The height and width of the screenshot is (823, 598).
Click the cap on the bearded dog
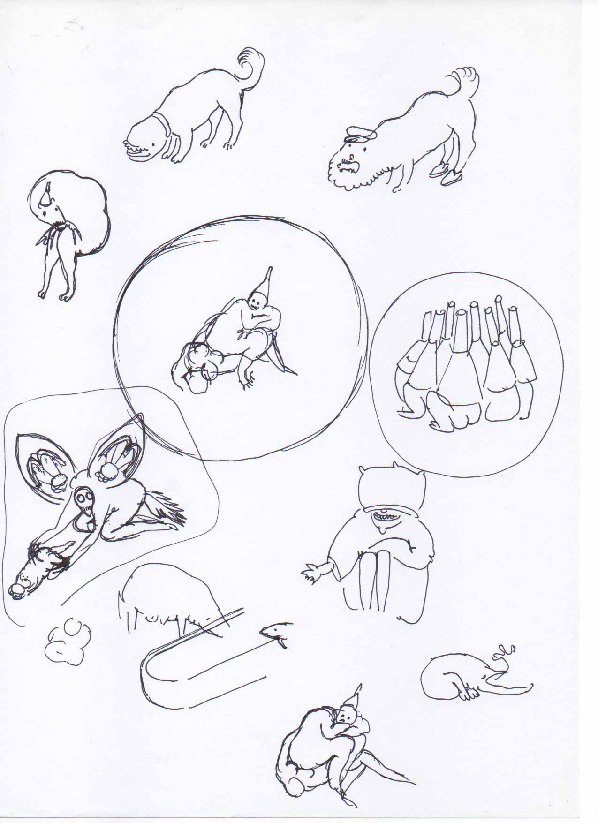[x=360, y=135]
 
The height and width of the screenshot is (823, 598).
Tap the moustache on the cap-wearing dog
[x=347, y=166]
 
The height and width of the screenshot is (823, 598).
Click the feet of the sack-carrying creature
[x=52, y=295]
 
